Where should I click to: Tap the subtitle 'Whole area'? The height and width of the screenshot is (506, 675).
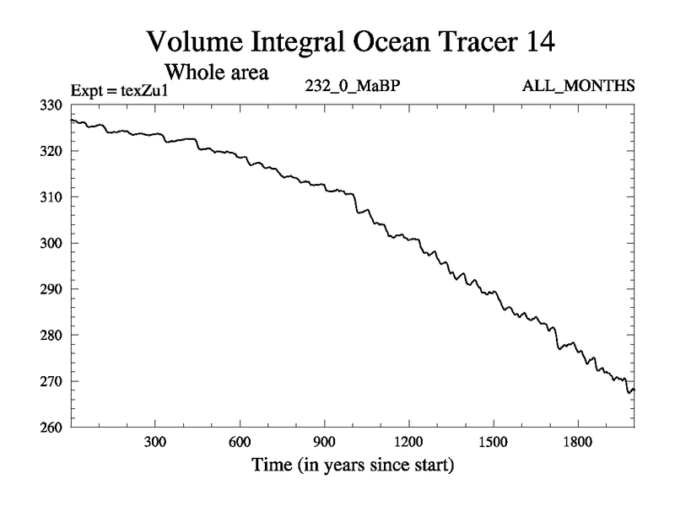pyautogui.click(x=216, y=72)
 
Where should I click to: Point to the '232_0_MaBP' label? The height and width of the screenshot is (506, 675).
pyautogui.click(x=350, y=86)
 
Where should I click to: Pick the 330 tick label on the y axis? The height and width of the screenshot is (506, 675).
pyautogui.click(x=52, y=105)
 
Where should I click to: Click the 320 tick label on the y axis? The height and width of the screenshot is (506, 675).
pyautogui.click(x=52, y=152)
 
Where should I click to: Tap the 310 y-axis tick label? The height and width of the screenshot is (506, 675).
pyautogui.click(x=52, y=197)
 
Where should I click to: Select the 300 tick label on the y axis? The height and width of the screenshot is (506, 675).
pyautogui.click(x=52, y=244)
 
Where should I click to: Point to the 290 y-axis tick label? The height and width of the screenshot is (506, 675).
pyautogui.click(x=52, y=289)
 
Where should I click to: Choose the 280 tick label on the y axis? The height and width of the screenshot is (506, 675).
pyautogui.click(x=52, y=336)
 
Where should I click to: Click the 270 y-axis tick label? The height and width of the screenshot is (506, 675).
pyautogui.click(x=52, y=381)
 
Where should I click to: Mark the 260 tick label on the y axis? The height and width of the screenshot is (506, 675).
pyautogui.click(x=52, y=428)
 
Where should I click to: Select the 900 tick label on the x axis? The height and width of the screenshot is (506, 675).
pyautogui.click(x=324, y=443)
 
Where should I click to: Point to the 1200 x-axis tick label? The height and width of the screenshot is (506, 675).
pyautogui.click(x=408, y=443)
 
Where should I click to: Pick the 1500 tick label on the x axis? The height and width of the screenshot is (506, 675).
pyautogui.click(x=493, y=443)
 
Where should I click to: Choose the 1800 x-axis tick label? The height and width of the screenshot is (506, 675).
pyautogui.click(x=577, y=443)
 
